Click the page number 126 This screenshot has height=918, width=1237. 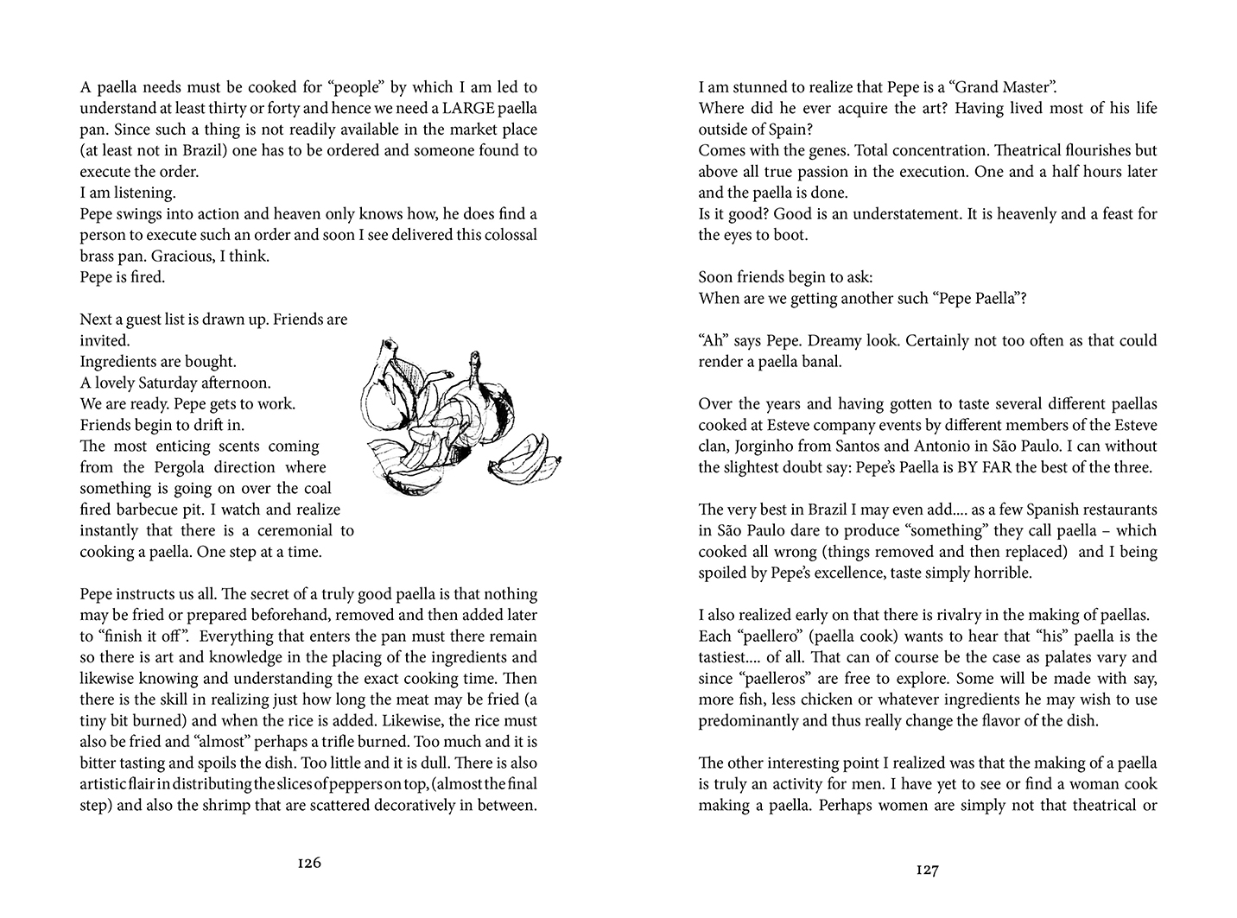point(308,862)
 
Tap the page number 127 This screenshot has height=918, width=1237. point(927,870)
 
